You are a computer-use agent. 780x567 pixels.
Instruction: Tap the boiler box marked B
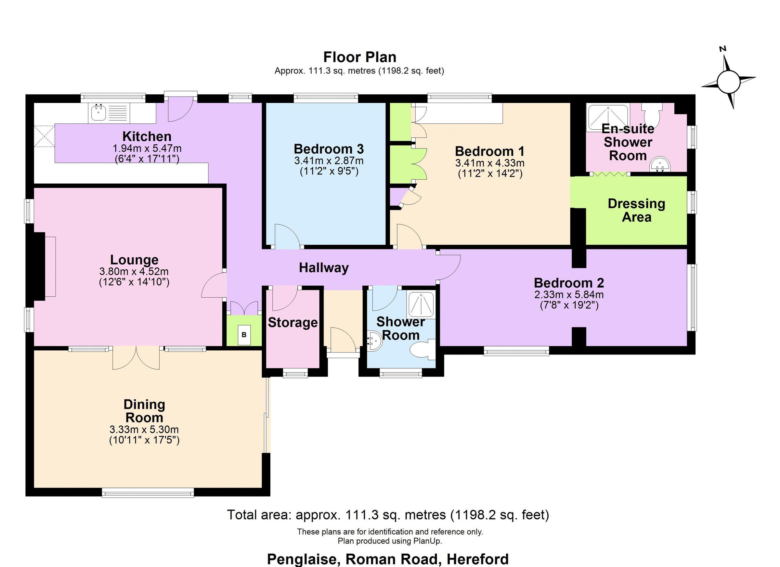pyautogui.click(x=244, y=335)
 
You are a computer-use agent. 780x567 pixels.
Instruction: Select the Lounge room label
pyautogui.click(x=134, y=260)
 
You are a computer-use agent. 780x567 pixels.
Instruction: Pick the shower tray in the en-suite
pyautogui.click(x=608, y=118)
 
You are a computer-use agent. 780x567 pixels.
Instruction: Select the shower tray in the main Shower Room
pyautogui.click(x=421, y=305)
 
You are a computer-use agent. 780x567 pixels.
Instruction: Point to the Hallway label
pyautogui.click(x=323, y=267)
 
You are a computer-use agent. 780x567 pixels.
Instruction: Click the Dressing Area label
pyautogui.click(x=636, y=210)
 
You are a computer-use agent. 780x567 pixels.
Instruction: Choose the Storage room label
pyautogui.click(x=293, y=323)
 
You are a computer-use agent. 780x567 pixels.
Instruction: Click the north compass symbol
pyautogui.click(x=728, y=82)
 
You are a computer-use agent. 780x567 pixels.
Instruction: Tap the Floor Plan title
pyautogui.click(x=359, y=57)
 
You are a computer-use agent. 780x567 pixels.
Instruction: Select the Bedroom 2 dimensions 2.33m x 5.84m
pyautogui.click(x=569, y=295)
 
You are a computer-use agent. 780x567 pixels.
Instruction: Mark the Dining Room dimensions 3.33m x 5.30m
pyautogui.click(x=144, y=430)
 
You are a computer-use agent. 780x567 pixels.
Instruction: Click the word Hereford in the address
pyautogui.click(x=477, y=559)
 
